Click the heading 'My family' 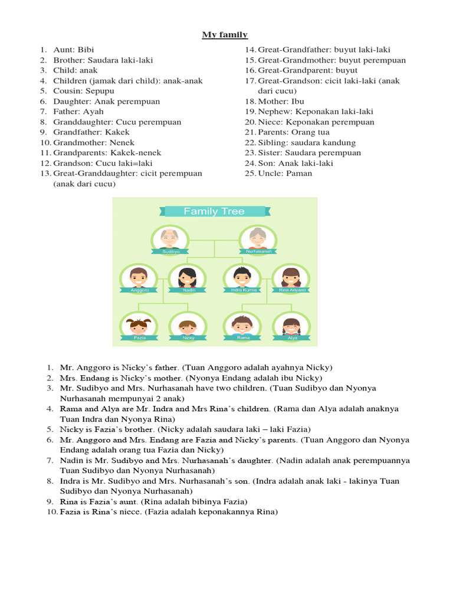225,35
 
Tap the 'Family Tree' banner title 214,211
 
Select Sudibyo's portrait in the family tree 170,238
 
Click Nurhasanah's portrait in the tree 257,238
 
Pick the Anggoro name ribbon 139,290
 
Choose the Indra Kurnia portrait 242,277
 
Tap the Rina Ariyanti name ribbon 291,290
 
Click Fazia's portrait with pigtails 139,326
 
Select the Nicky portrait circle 188,326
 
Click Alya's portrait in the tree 291,326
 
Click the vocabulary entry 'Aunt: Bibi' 73,50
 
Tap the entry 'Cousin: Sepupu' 84,91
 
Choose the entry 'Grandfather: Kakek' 91,132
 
